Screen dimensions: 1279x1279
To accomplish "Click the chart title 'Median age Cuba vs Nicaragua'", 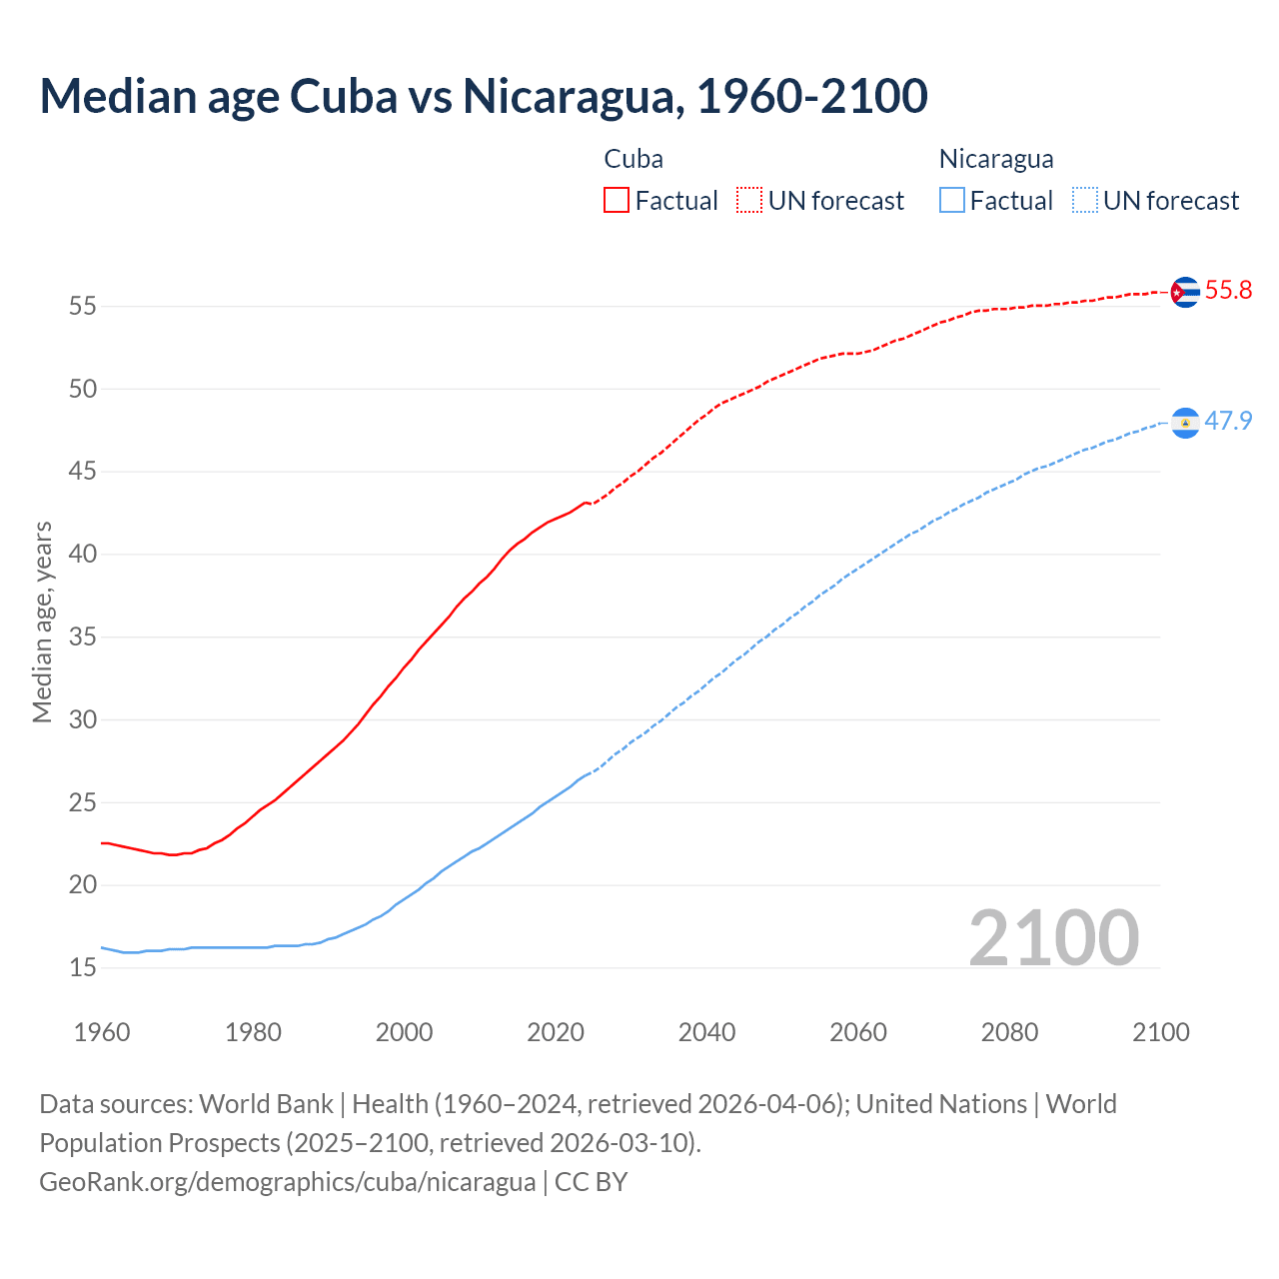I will click(484, 96).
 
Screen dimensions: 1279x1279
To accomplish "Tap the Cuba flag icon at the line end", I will click(1185, 292).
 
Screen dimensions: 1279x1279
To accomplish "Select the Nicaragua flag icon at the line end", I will click(1185, 423).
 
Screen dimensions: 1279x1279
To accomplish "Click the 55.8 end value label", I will click(1228, 291).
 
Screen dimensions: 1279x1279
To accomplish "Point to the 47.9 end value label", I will click(1228, 421).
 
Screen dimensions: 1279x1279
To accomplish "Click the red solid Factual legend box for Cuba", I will click(617, 201).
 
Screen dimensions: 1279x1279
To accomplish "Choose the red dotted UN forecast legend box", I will click(749, 201).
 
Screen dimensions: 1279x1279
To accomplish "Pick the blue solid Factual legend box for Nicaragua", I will click(952, 201).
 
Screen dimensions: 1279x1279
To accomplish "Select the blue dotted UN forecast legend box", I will click(1085, 201).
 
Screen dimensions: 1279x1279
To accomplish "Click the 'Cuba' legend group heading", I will click(634, 159).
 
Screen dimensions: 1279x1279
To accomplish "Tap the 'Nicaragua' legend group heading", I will click(996, 159).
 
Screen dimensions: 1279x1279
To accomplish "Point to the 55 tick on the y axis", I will click(83, 307).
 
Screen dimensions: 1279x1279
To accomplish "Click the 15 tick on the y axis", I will click(83, 968).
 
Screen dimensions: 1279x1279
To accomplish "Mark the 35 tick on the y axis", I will click(83, 638).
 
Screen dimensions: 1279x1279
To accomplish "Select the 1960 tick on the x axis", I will click(102, 1032).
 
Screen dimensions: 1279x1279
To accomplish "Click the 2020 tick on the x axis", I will click(556, 1032).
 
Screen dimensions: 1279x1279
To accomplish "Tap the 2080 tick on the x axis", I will click(1009, 1032).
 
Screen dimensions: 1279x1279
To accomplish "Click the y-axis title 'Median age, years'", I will click(42, 622).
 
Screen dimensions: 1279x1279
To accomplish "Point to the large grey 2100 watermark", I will click(1054, 938).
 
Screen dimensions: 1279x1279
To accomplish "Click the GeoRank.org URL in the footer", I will click(288, 1182).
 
